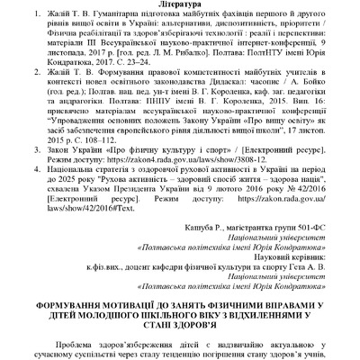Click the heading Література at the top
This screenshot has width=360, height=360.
point(180,5)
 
